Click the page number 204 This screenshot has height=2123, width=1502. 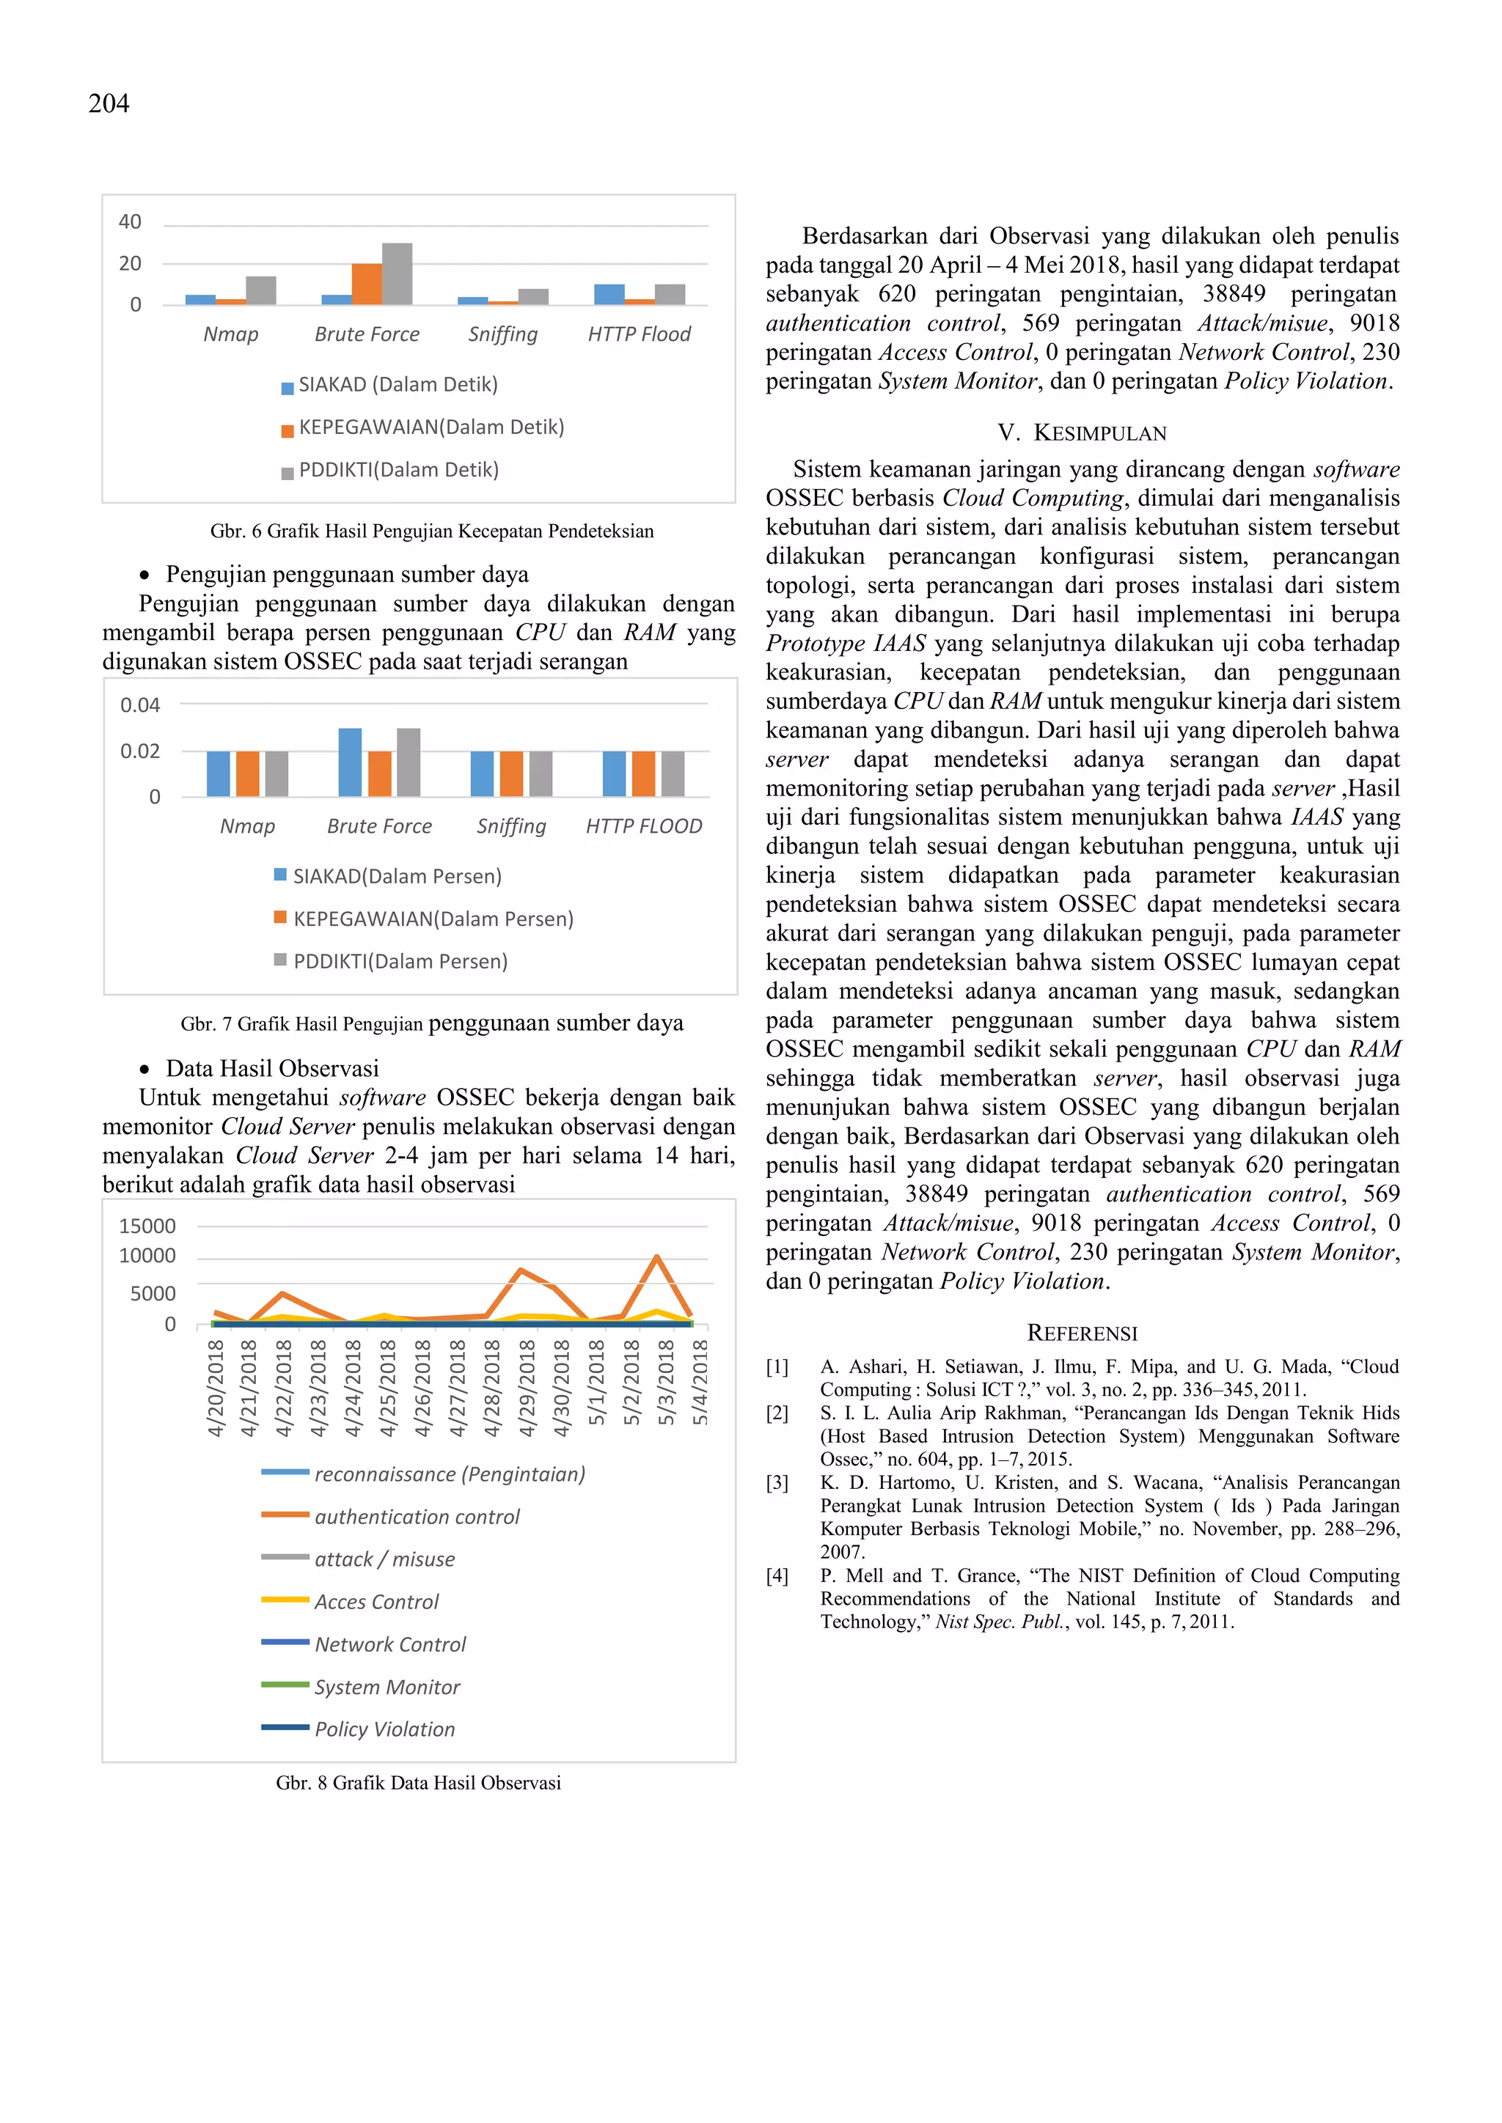click(109, 103)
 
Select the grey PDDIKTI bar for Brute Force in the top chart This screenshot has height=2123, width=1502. click(397, 275)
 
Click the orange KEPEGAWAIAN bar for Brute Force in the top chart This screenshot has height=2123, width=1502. click(366, 284)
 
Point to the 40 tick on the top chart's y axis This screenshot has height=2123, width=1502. click(130, 222)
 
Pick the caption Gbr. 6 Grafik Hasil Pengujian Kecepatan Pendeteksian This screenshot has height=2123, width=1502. click(431, 531)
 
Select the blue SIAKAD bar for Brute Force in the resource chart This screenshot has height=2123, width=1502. click(350, 763)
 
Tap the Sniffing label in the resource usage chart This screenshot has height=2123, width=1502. click(511, 827)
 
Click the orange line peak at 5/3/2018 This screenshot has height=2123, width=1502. click(656, 1257)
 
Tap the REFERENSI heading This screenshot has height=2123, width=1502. click(1082, 1333)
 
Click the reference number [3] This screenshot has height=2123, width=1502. click(777, 1483)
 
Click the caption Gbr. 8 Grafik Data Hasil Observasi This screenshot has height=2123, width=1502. click(418, 1784)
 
